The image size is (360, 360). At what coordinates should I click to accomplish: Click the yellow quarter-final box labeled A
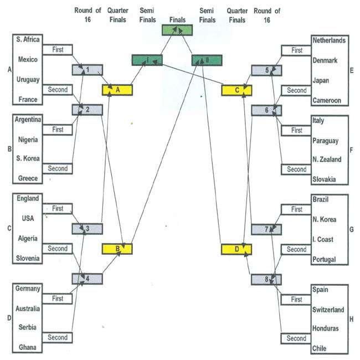117,90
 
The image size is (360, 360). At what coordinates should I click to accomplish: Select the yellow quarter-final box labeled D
236,250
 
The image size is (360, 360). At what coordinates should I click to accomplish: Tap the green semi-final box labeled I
147,60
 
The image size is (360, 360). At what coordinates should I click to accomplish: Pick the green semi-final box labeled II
206,60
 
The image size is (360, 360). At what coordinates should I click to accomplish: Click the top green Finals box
177,30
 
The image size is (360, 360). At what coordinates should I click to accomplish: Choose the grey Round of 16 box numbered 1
88,70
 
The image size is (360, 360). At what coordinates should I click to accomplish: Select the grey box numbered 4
88,278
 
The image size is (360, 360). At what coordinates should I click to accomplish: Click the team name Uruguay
28,80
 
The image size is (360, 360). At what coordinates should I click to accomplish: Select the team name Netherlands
329,40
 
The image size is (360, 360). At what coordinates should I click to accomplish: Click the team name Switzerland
328,310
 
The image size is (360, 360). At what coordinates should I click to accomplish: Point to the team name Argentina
31,120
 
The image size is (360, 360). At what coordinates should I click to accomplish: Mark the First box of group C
58,209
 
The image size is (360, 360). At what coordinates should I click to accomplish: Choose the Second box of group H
296,338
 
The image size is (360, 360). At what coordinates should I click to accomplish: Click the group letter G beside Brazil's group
353,229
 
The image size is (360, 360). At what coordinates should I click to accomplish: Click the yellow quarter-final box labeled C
236,90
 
